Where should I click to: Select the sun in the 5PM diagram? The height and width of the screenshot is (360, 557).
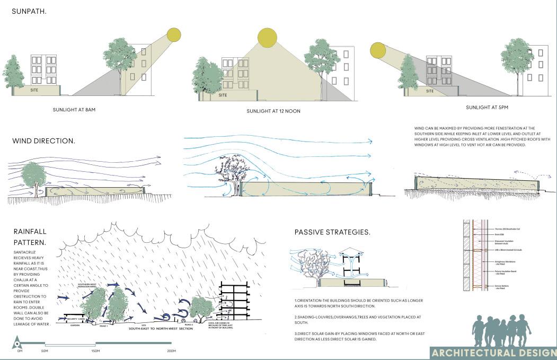click(378, 50)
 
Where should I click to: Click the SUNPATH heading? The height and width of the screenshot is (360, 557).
click(29, 11)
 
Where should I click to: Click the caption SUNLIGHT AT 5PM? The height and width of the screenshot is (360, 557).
click(487, 108)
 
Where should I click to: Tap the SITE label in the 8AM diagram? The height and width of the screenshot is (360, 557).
click(34, 91)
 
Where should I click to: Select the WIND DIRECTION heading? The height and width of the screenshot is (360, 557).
click(43, 141)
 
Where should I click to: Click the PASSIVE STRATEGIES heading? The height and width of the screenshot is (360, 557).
click(332, 232)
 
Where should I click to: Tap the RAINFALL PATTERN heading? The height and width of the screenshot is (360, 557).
click(30, 237)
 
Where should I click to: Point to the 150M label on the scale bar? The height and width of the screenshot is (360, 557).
click(95, 351)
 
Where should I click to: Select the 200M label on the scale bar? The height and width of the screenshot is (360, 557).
click(171, 351)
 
